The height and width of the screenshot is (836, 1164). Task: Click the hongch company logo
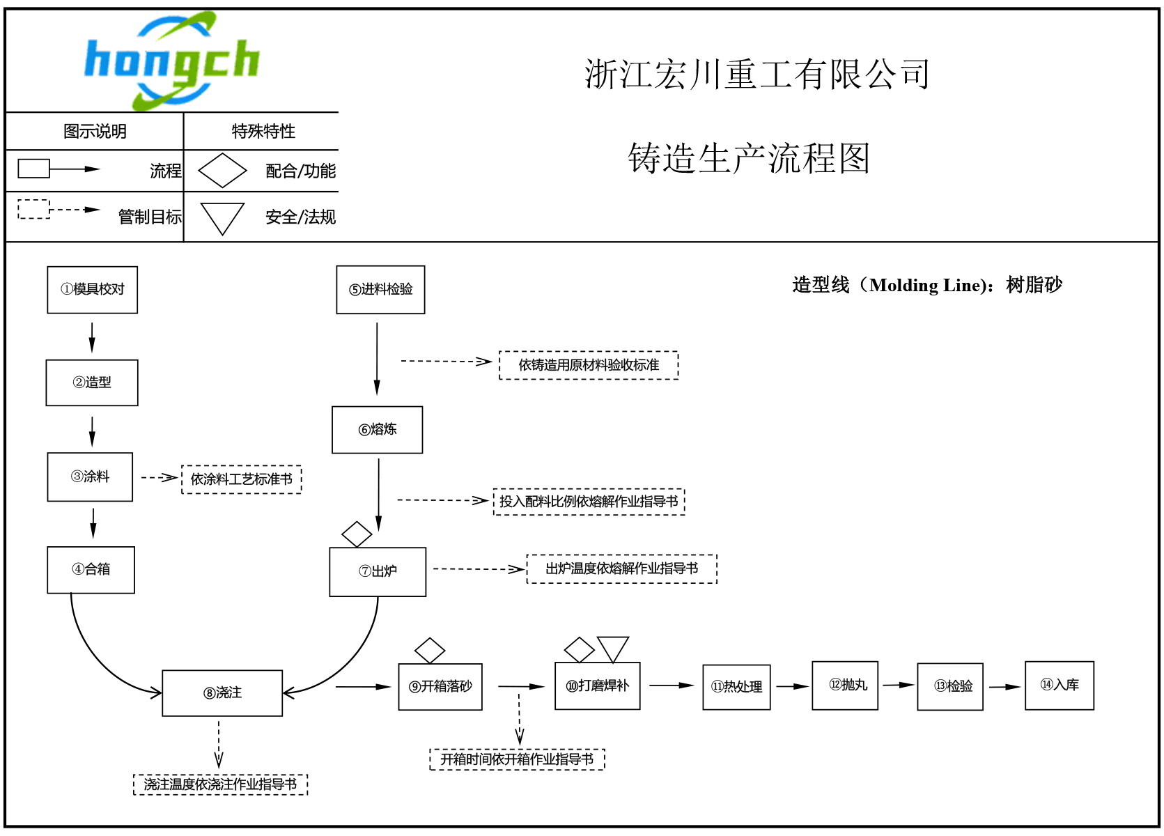pyautogui.click(x=171, y=61)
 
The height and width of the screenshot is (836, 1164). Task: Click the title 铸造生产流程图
pyautogui.click(x=749, y=158)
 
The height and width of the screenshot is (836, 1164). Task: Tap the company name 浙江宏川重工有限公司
pyautogui.click(x=757, y=75)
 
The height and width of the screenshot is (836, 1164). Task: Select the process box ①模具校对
pyautogui.click(x=93, y=290)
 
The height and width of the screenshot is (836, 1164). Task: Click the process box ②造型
pyautogui.click(x=92, y=382)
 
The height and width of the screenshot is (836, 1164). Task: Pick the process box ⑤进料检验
pyautogui.click(x=380, y=290)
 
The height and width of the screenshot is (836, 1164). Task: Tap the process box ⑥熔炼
pyautogui.click(x=378, y=430)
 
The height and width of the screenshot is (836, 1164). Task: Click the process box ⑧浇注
pyautogui.click(x=222, y=693)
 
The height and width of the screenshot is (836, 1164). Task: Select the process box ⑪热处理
pyautogui.click(x=736, y=687)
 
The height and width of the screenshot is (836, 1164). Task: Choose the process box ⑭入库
pyautogui.click(x=1060, y=686)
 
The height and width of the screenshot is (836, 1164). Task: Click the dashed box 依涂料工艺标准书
pyautogui.click(x=241, y=479)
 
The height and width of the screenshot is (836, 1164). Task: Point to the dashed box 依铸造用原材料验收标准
pyautogui.click(x=589, y=365)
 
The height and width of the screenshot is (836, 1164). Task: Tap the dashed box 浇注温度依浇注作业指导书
pyautogui.click(x=220, y=784)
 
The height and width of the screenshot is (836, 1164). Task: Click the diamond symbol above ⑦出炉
pyautogui.click(x=357, y=534)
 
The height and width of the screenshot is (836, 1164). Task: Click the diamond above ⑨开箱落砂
pyautogui.click(x=430, y=650)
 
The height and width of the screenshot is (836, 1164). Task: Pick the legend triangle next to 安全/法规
pyautogui.click(x=222, y=217)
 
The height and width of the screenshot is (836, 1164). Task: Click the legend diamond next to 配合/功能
pyautogui.click(x=222, y=171)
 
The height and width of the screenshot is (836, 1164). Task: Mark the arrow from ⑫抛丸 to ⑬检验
pyautogui.click(x=898, y=685)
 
